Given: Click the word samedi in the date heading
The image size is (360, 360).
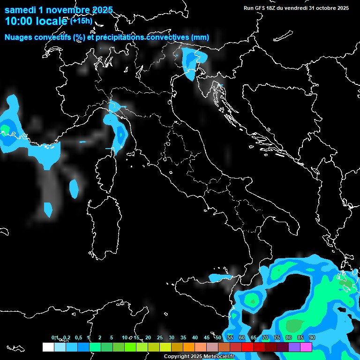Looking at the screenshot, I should coord(20,10).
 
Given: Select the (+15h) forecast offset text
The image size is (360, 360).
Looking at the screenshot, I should coord(81,21).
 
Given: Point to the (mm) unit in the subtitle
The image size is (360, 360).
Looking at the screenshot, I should coord(200,37).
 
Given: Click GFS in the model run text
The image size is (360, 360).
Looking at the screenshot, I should coord(260,8).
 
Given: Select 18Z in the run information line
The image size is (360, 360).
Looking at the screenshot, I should coord(271,8).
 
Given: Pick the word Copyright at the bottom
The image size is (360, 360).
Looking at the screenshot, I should coord(176,357).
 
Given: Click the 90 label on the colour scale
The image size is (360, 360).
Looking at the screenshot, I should coord(312,338).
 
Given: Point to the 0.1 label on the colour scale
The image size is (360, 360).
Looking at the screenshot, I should coord(55,338).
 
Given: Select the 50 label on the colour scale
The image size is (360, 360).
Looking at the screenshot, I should coord(218,338).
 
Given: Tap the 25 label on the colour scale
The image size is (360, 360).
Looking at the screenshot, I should coord(159,338).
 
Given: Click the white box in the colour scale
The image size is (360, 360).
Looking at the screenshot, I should coord(48,347).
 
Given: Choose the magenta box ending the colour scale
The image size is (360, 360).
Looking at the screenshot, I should coord(306,347).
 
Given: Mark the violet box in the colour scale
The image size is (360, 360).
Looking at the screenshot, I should coord(294,347).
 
